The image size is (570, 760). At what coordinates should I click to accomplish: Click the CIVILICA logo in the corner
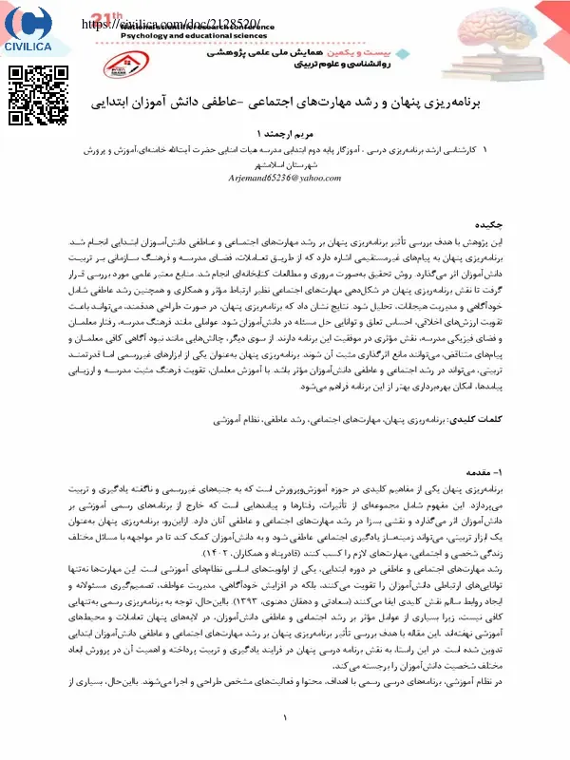[x=28, y=32]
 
